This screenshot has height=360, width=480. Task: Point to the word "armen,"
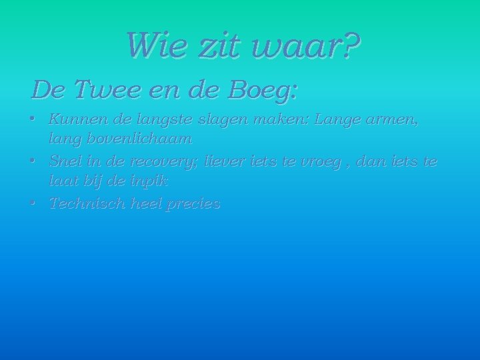tap(394, 121)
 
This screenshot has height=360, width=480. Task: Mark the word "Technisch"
tap(86, 204)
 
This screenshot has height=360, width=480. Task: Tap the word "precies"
tap(195, 205)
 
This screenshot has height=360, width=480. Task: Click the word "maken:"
tap(288, 120)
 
